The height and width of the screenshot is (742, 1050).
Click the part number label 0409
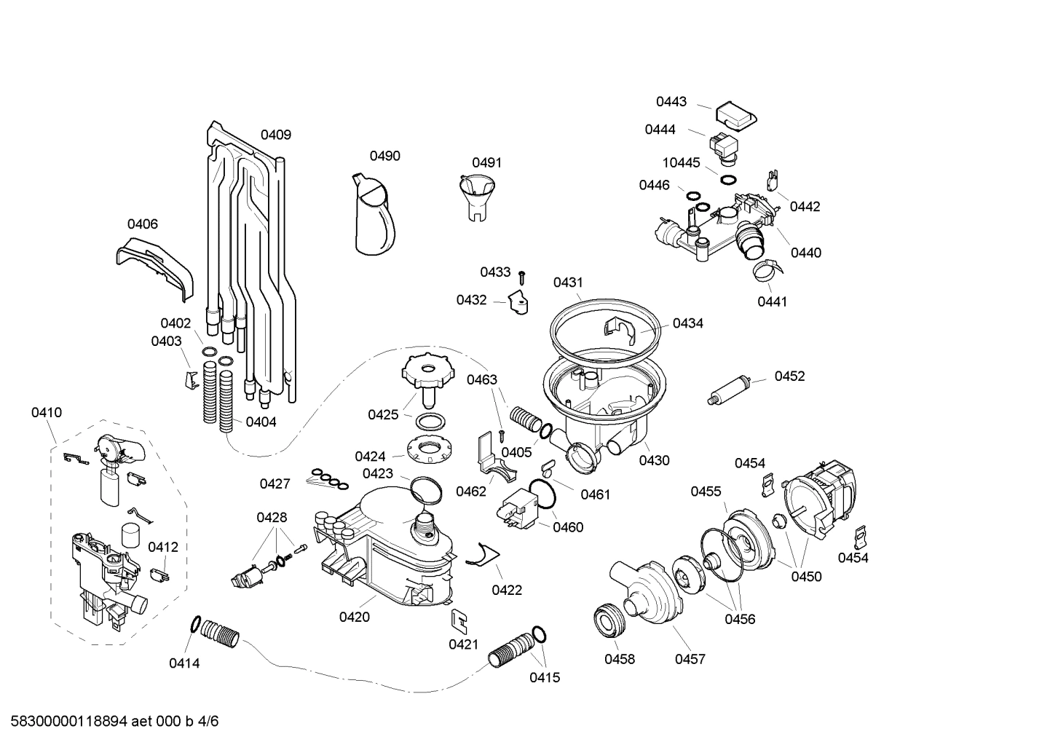[276, 135]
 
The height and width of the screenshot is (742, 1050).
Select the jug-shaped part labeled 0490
[374, 216]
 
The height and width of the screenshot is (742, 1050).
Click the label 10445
[681, 162]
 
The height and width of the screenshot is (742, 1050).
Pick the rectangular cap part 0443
[735, 114]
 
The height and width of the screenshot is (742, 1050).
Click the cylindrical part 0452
[730, 390]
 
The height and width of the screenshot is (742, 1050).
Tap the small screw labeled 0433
[522, 277]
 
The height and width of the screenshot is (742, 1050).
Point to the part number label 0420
[354, 617]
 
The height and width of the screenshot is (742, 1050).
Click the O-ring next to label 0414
[195, 624]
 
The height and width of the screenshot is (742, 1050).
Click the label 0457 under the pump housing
[690, 659]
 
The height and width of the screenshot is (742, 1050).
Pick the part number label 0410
[47, 413]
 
